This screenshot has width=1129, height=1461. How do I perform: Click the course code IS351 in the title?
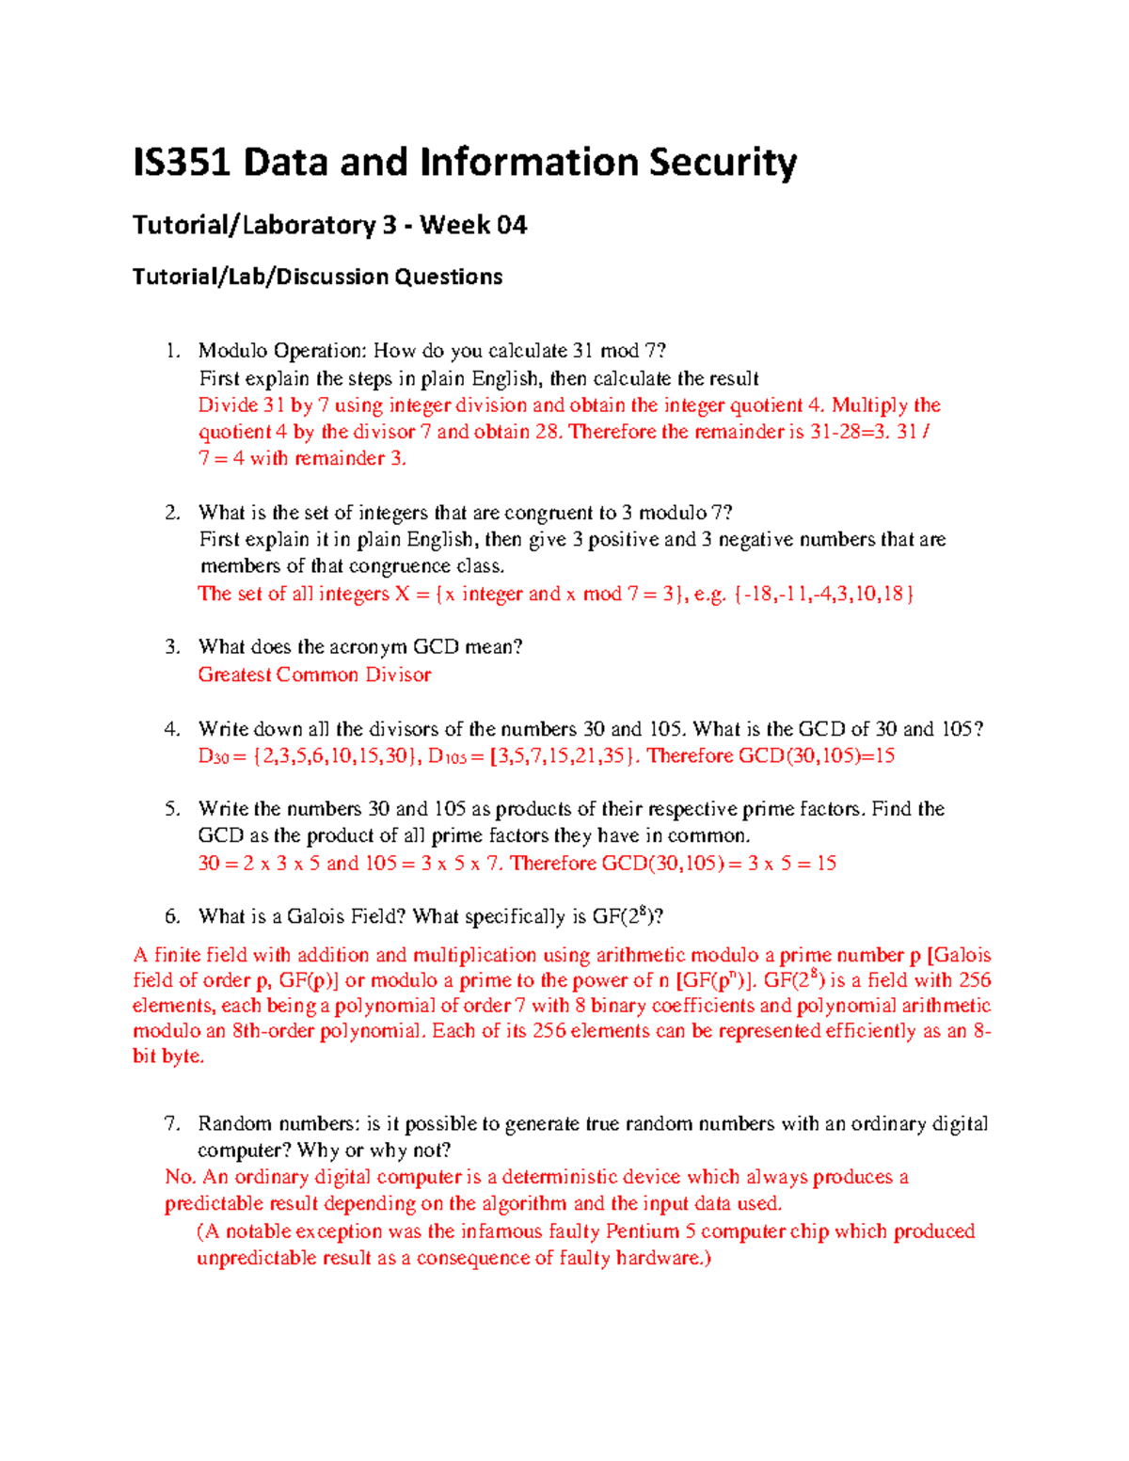point(182,163)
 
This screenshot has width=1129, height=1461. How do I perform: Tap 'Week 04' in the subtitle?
point(473,225)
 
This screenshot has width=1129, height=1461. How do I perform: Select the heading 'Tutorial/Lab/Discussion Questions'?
point(317,277)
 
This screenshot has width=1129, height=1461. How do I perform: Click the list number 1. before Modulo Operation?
point(171,351)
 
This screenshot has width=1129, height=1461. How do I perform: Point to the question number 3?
point(171,646)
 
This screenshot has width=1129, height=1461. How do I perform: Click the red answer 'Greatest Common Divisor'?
point(314,675)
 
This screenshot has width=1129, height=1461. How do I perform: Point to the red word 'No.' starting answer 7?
point(181,1177)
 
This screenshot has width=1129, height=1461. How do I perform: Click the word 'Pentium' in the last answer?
point(643,1231)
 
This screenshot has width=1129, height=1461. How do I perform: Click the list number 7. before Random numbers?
point(171,1123)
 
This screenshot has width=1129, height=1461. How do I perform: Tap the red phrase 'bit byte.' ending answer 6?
point(168,1056)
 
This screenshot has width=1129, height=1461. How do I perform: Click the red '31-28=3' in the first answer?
point(849,432)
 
